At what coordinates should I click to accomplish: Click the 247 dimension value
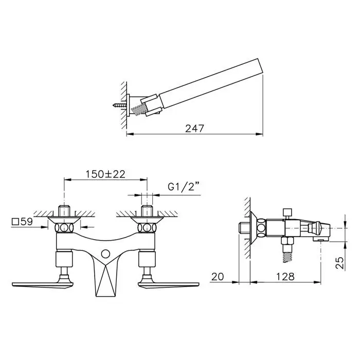[x=194, y=129]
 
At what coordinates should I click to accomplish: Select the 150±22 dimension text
[x=105, y=174]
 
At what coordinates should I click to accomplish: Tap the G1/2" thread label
[x=184, y=187]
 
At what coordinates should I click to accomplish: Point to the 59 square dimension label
[x=22, y=222]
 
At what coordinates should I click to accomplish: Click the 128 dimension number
[x=285, y=277]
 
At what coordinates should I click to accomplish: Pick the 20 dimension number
[x=218, y=277]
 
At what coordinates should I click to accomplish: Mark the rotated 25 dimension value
[x=339, y=263]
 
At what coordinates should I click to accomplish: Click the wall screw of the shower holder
[x=120, y=105]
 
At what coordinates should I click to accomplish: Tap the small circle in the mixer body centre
[x=105, y=254]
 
